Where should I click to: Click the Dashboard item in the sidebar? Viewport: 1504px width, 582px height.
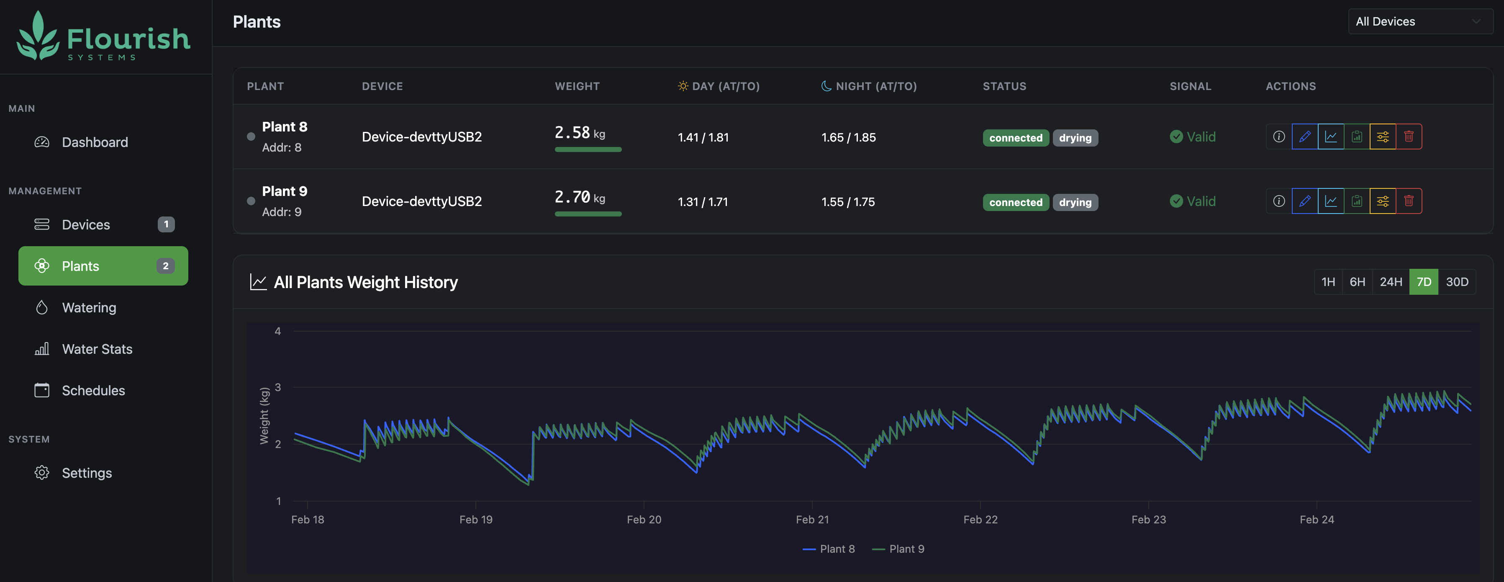tap(94, 142)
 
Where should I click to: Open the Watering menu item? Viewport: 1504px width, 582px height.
tap(89, 307)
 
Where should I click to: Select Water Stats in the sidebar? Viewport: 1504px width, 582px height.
tap(97, 349)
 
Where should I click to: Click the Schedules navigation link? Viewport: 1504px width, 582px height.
tap(93, 390)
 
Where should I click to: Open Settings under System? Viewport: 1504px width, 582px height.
tap(86, 473)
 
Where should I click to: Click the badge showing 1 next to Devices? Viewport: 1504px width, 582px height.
tap(166, 224)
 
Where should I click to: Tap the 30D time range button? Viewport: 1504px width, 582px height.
tap(1457, 282)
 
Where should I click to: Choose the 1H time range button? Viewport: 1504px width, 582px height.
tap(1328, 282)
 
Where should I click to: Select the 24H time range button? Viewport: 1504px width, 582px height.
tap(1390, 282)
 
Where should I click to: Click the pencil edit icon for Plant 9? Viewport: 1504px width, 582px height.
tap(1304, 201)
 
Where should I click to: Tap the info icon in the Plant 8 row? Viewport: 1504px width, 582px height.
tap(1278, 137)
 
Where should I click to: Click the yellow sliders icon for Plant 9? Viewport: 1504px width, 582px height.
tap(1383, 201)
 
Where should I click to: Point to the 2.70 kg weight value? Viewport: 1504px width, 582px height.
tap(579, 198)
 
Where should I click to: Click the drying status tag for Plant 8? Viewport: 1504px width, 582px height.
tap(1075, 138)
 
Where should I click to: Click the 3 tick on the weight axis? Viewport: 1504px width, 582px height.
tap(278, 387)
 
